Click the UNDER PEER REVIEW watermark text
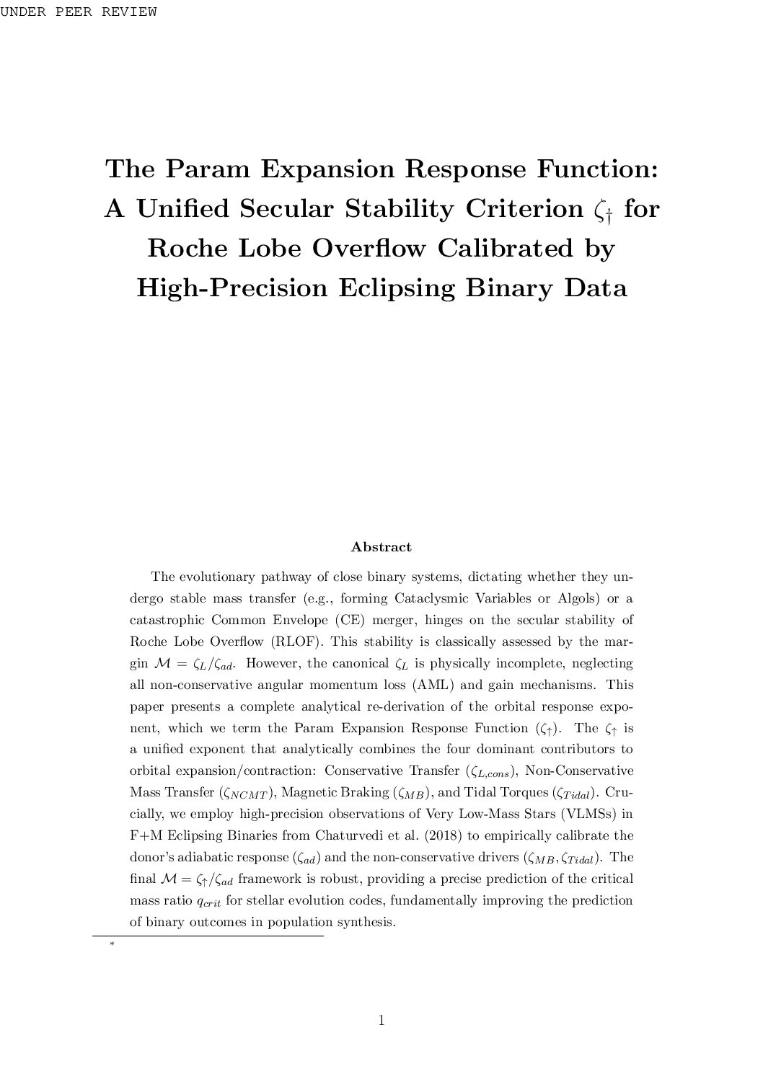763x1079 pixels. [x=79, y=12]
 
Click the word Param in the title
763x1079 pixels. [x=208, y=169]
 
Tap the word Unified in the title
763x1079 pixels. [x=184, y=209]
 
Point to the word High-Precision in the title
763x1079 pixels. [x=231, y=288]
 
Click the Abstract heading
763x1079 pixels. [x=381, y=547]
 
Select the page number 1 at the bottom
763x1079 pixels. [x=381, y=1020]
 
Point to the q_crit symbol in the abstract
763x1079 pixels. [x=209, y=902]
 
